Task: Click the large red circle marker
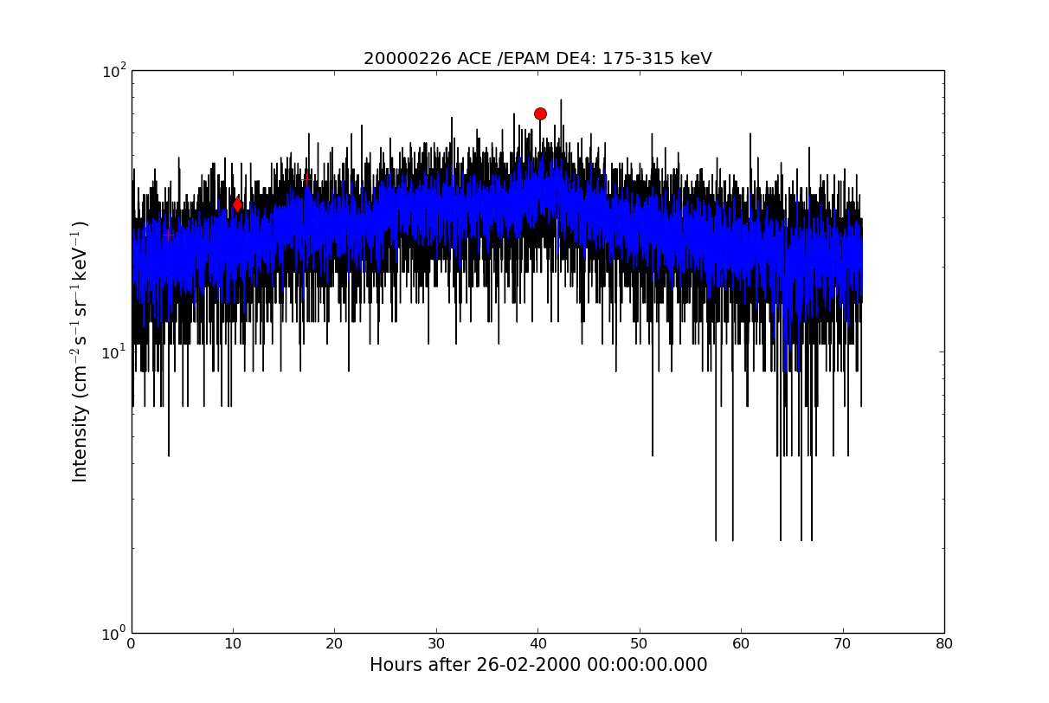(540, 113)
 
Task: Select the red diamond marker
(237, 204)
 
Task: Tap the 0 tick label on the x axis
(132, 644)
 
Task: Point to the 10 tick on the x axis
(233, 644)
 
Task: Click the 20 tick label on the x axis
(334, 644)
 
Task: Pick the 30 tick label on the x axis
(436, 644)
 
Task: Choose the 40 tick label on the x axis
(538, 644)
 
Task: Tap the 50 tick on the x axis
(640, 644)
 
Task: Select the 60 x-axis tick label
(742, 644)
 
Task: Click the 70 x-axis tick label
(843, 644)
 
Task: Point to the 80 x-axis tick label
(944, 644)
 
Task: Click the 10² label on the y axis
(114, 72)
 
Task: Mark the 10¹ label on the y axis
(114, 352)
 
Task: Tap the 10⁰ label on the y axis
(114, 634)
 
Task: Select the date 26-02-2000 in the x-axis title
(529, 665)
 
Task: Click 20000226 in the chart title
(408, 59)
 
